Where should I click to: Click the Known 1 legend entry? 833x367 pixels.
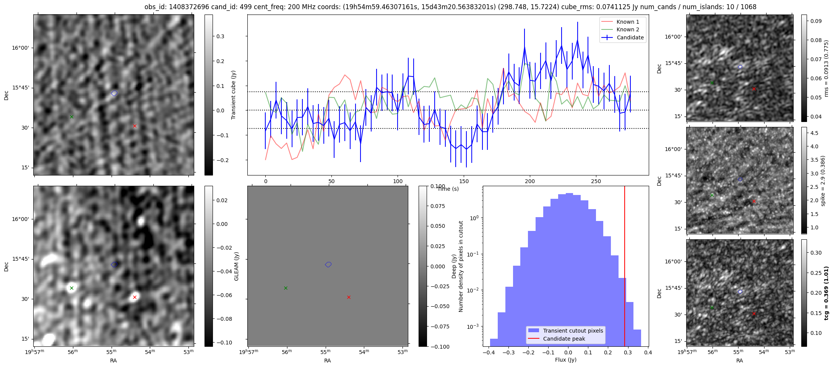pos(628,22)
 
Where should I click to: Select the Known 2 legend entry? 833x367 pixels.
pos(628,29)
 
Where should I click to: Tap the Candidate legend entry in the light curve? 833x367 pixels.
pos(630,37)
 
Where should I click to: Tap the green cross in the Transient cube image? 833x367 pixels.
pos(71,117)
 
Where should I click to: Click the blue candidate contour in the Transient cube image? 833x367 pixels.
pos(114,93)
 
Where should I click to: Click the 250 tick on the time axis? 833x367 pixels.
pos(596,181)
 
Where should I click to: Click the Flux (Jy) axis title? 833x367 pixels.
pos(565,360)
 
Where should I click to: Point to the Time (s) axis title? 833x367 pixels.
pos(448,189)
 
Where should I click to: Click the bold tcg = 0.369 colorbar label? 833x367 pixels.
pos(827,293)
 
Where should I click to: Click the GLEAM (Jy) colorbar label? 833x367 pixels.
pos(236,266)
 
